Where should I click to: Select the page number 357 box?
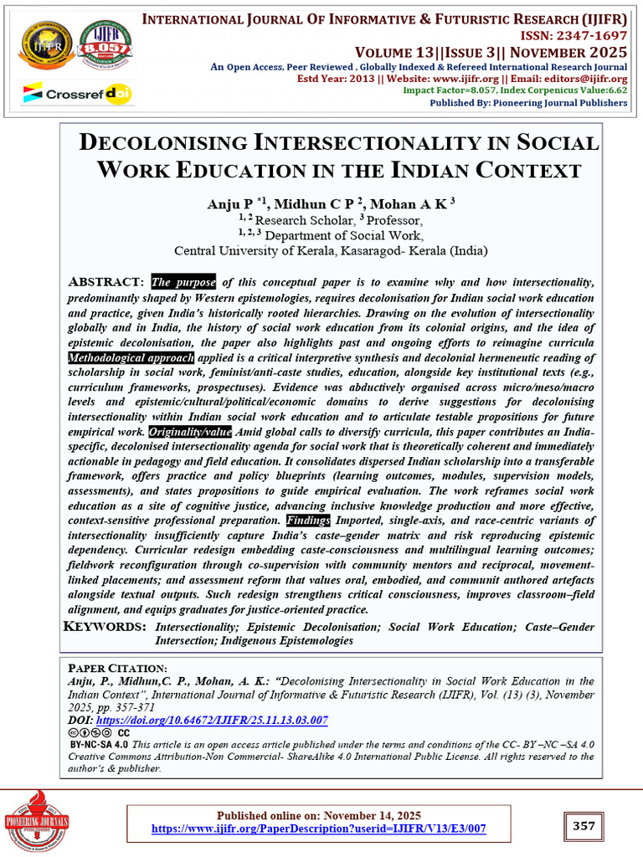pos(584,826)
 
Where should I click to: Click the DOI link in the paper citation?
pos(212,720)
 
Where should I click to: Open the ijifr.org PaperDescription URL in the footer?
pos(318,829)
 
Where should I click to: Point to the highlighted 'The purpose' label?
pos(183,282)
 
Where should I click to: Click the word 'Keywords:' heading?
pos(105,627)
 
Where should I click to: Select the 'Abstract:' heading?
pos(106,282)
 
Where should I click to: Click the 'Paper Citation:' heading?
pos(117,669)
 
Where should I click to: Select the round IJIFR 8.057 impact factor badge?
pos(104,45)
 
